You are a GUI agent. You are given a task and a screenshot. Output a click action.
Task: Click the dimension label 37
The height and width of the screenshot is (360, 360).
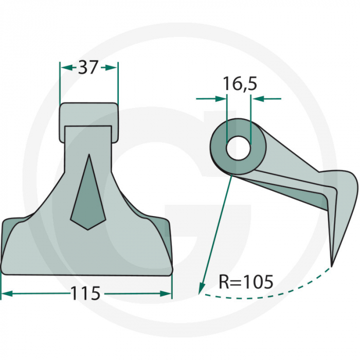88,67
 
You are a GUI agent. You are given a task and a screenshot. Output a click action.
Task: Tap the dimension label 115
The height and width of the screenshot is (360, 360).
85,293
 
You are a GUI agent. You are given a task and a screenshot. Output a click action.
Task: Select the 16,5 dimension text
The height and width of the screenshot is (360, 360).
240,84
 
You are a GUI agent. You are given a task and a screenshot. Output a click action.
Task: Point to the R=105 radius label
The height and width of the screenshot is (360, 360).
246,282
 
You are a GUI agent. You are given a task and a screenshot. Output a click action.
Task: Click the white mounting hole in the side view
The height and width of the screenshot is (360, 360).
238,148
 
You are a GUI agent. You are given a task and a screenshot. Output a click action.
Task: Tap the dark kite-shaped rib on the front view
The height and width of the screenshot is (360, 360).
88,192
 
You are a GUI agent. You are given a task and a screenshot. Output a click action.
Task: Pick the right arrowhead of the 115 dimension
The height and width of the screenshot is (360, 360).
166,294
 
